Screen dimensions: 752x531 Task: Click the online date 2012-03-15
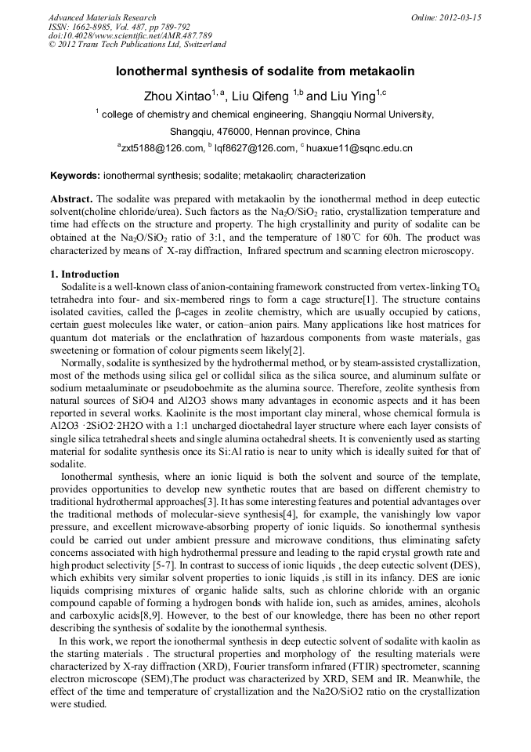[x=461, y=17]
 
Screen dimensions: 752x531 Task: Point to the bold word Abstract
[x=72, y=200]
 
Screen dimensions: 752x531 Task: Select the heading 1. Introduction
[x=85, y=274]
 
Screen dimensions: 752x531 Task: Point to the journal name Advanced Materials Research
[x=102, y=17]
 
